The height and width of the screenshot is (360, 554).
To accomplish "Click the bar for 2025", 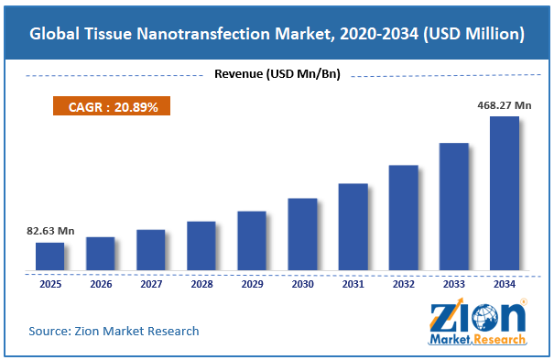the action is click(49, 256).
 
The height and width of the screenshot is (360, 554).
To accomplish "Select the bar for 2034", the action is click(505, 193).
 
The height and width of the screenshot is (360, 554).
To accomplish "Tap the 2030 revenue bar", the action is click(302, 235).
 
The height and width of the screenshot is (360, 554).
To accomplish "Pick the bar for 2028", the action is click(201, 245).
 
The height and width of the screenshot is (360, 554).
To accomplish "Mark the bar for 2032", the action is click(404, 218).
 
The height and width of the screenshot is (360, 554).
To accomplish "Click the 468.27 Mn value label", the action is click(505, 105).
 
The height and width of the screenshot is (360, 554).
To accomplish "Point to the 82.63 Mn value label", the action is click(50, 231).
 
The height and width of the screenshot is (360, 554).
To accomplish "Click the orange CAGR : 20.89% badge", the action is click(112, 105).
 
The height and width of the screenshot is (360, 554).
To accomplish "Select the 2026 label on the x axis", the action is click(101, 284).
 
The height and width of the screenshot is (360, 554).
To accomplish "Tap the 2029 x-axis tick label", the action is click(252, 284).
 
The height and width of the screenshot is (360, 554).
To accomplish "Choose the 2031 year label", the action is click(353, 284).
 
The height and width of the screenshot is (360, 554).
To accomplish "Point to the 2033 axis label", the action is click(454, 284).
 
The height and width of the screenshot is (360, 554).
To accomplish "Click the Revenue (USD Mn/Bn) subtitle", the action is click(277, 74).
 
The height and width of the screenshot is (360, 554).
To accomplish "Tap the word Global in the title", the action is click(54, 34).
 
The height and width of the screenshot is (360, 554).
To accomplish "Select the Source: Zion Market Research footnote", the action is click(114, 331).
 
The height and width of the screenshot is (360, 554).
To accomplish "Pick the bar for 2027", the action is click(151, 250).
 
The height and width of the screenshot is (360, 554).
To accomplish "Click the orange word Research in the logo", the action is click(499, 340).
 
